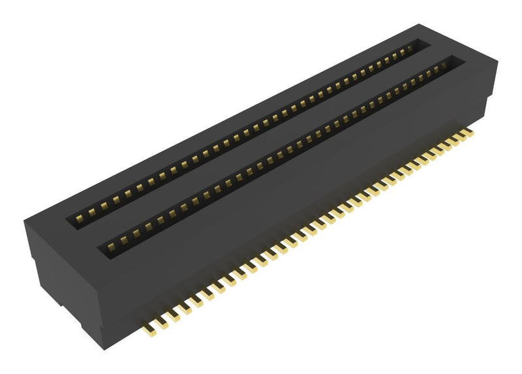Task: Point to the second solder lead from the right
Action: pos(459,138)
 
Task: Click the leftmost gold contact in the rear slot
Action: pos(81,217)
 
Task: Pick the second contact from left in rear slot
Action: pos(92,211)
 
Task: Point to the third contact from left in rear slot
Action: pos(104,205)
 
